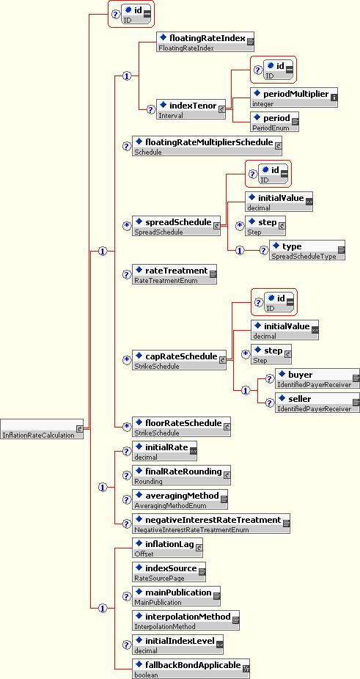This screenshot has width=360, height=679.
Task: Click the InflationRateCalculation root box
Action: coord(43,429)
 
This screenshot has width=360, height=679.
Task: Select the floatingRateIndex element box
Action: coord(205,42)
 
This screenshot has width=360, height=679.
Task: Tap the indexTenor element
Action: coord(191,109)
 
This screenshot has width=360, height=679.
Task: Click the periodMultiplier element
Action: coord(294,97)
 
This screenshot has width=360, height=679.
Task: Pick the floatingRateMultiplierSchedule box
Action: coord(207,145)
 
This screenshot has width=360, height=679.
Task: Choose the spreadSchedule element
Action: coord(176,226)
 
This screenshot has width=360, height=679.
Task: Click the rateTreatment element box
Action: coord(175,274)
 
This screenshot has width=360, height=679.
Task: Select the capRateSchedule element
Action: coord(179,360)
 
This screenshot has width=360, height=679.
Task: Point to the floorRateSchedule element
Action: coord(182,427)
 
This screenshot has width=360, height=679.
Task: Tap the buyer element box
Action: coord(317,378)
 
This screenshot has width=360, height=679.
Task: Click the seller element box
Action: coord(317,403)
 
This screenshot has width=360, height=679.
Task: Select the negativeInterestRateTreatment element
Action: coord(211,523)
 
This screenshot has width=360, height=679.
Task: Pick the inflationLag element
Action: coord(167,547)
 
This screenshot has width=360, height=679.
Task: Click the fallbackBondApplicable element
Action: coord(191,668)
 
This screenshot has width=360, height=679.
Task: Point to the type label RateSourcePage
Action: coord(159,578)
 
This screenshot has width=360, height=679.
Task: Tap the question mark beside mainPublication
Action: coord(126,596)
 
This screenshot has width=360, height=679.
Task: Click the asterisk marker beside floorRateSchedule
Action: coord(126,427)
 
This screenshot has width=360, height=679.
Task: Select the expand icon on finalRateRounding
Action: coord(227,475)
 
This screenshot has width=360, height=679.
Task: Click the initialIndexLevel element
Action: coord(177,644)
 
